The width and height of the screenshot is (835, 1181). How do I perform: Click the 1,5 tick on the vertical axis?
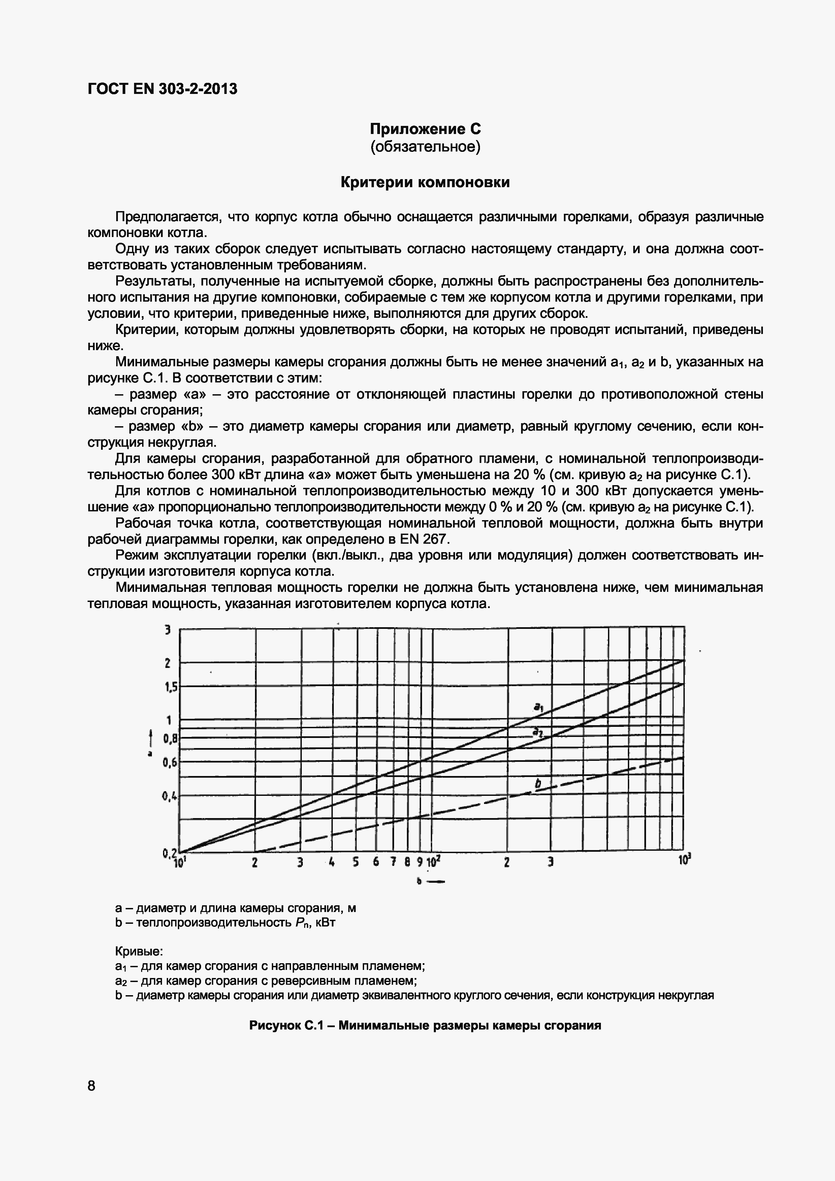[x=170, y=687]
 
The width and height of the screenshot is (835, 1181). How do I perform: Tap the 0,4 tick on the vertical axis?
[x=170, y=797]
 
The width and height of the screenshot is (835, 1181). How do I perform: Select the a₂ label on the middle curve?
[x=537, y=732]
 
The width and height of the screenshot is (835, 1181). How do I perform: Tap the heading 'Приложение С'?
[x=425, y=129]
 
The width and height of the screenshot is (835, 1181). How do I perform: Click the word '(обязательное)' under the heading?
[x=425, y=147]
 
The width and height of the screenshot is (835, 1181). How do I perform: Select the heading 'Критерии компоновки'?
[x=425, y=182]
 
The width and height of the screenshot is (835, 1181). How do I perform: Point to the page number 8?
[x=92, y=1086]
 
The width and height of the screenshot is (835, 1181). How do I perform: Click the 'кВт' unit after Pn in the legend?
[x=325, y=922]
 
